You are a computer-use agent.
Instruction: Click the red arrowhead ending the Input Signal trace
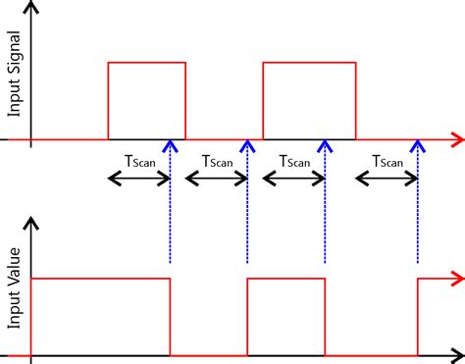pos(456,139)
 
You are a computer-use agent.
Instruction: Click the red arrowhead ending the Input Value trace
pos(456,279)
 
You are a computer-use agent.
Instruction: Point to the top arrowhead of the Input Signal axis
pos(32,8)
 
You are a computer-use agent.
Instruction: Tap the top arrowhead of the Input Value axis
pos(32,228)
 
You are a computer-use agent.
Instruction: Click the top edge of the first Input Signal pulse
pos(146,63)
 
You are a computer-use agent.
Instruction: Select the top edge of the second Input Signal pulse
pos(309,63)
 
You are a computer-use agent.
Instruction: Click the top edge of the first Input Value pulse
pos(101,279)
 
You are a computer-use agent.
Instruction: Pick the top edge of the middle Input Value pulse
pos(285,279)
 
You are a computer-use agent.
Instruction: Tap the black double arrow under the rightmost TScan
pos(387,178)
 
